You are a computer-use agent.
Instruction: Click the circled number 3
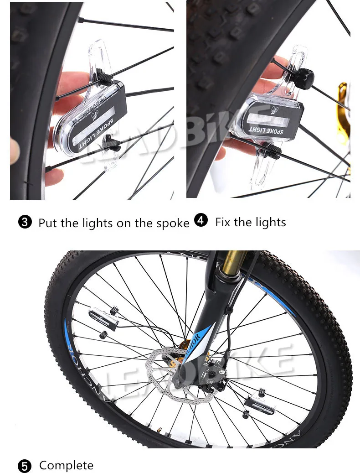click(x=25, y=223)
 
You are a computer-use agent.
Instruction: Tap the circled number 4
click(x=201, y=221)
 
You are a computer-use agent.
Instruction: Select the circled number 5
click(x=25, y=466)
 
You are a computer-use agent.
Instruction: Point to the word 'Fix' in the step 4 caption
click(x=223, y=222)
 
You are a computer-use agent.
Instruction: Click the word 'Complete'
click(x=66, y=465)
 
